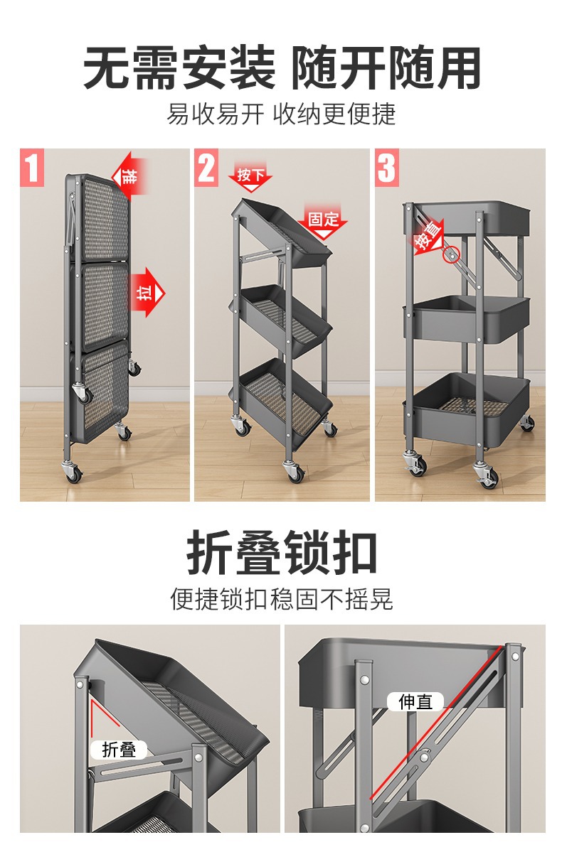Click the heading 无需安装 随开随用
[281, 68]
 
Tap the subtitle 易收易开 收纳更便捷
[281, 114]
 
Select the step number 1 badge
[32, 168]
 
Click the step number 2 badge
[206, 168]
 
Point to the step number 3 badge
[386, 168]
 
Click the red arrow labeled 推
[129, 173]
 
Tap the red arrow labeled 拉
[147, 291]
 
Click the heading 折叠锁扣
[281, 554]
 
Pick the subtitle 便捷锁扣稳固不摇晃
[281, 598]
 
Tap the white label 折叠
[118, 749]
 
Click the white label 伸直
[415, 702]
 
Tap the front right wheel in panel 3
[488, 478]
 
